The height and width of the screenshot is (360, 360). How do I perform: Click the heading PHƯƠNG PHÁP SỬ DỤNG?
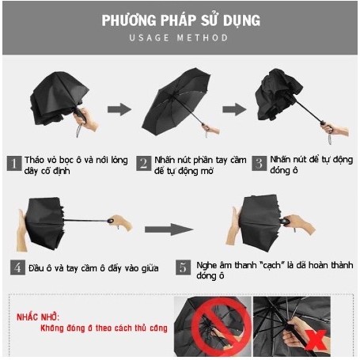pos(180,20)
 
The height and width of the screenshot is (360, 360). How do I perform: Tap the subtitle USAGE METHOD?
pos(180,38)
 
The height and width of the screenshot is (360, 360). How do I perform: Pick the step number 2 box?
pos(143,163)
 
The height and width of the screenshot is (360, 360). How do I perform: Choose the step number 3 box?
pos(258,163)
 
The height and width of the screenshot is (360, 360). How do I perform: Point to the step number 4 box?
pos(17,267)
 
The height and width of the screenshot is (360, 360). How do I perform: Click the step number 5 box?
pos(183,267)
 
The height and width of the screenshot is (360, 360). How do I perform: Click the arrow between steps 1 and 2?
pos(119,109)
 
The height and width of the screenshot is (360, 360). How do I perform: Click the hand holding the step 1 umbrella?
pos(88,121)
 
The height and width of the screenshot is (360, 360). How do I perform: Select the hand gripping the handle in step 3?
pos(335,130)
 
